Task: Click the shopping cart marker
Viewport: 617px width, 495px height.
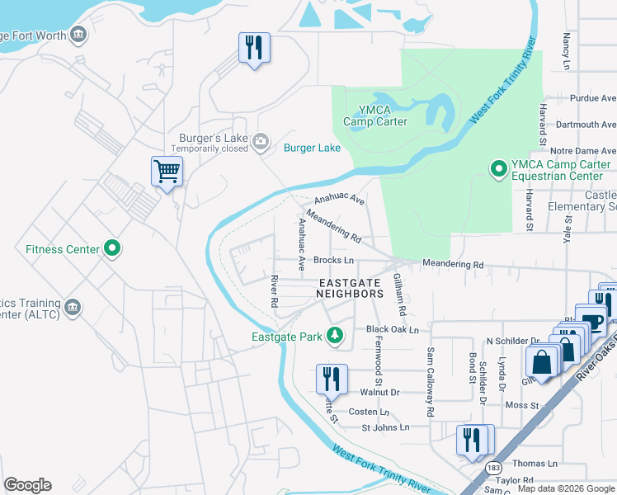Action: (167, 172)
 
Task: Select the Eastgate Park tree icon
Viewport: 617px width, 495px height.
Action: (334, 335)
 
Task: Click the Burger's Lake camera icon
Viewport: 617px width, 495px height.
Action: (261, 144)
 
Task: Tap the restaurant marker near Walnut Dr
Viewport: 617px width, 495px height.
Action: (332, 379)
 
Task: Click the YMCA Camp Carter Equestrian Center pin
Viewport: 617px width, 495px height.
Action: (498, 169)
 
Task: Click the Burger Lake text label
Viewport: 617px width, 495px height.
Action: (312, 148)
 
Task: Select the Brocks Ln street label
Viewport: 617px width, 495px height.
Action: (333, 260)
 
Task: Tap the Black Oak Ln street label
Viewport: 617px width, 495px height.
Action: (393, 329)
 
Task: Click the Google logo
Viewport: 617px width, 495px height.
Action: (27, 485)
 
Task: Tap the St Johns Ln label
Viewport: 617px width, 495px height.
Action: (385, 427)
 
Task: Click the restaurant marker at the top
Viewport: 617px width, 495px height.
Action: (254, 47)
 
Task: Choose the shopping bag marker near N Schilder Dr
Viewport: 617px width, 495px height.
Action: (542, 361)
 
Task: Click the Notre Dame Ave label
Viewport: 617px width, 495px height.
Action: (582, 151)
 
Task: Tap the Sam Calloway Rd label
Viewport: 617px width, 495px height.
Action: (430, 381)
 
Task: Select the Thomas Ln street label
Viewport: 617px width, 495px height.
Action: (530, 464)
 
